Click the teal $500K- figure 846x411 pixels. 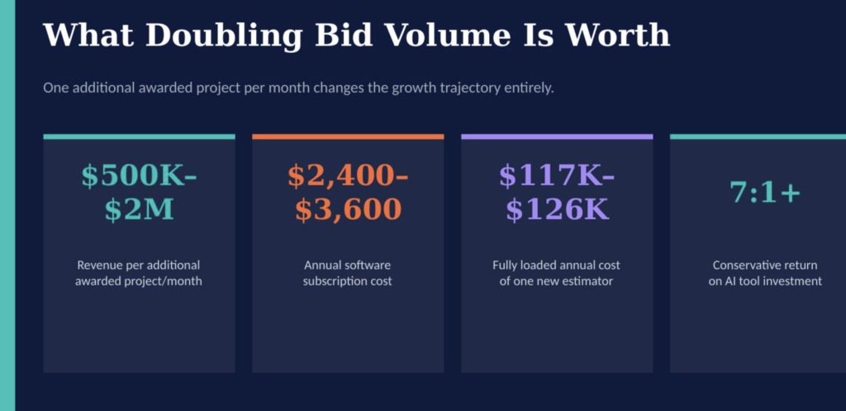click(139, 175)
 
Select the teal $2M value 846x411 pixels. click(139, 210)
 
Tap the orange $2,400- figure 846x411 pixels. click(348, 175)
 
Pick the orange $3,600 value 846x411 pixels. click(348, 210)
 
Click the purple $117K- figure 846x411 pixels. click(557, 175)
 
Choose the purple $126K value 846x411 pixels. click(557, 210)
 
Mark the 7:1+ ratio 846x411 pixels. click(766, 192)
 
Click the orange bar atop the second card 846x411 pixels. click(348, 136)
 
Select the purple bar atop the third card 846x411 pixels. click(557, 136)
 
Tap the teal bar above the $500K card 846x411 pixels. click(139, 136)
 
